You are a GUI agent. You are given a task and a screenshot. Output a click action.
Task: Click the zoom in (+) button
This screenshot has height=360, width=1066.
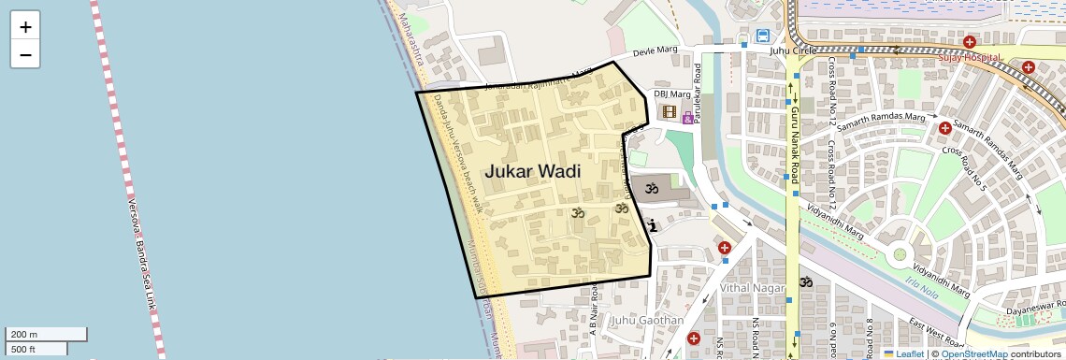[25, 27]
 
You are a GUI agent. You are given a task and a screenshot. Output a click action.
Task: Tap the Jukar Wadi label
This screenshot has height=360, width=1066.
[532, 172]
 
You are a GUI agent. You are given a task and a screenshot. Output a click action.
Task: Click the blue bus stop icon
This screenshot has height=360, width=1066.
[763, 36]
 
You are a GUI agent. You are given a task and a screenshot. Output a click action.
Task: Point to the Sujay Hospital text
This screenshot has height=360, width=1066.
[970, 57]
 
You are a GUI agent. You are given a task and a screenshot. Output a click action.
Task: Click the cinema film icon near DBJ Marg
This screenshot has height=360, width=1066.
[669, 111]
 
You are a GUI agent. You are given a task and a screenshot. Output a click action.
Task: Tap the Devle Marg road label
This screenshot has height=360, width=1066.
[655, 53]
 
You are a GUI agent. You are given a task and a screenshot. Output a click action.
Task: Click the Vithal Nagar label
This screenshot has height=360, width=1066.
[753, 288]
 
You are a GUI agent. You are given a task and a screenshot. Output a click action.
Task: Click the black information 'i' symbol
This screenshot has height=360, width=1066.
[652, 224]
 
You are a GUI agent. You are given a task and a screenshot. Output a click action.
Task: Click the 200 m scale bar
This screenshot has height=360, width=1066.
[47, 334]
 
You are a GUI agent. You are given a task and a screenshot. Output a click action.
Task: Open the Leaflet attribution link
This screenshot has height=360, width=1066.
[903, 354]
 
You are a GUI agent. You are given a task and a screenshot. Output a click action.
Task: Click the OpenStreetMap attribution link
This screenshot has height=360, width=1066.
[973, 354]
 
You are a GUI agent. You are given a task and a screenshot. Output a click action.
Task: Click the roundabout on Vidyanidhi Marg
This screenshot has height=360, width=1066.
[900, 252]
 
